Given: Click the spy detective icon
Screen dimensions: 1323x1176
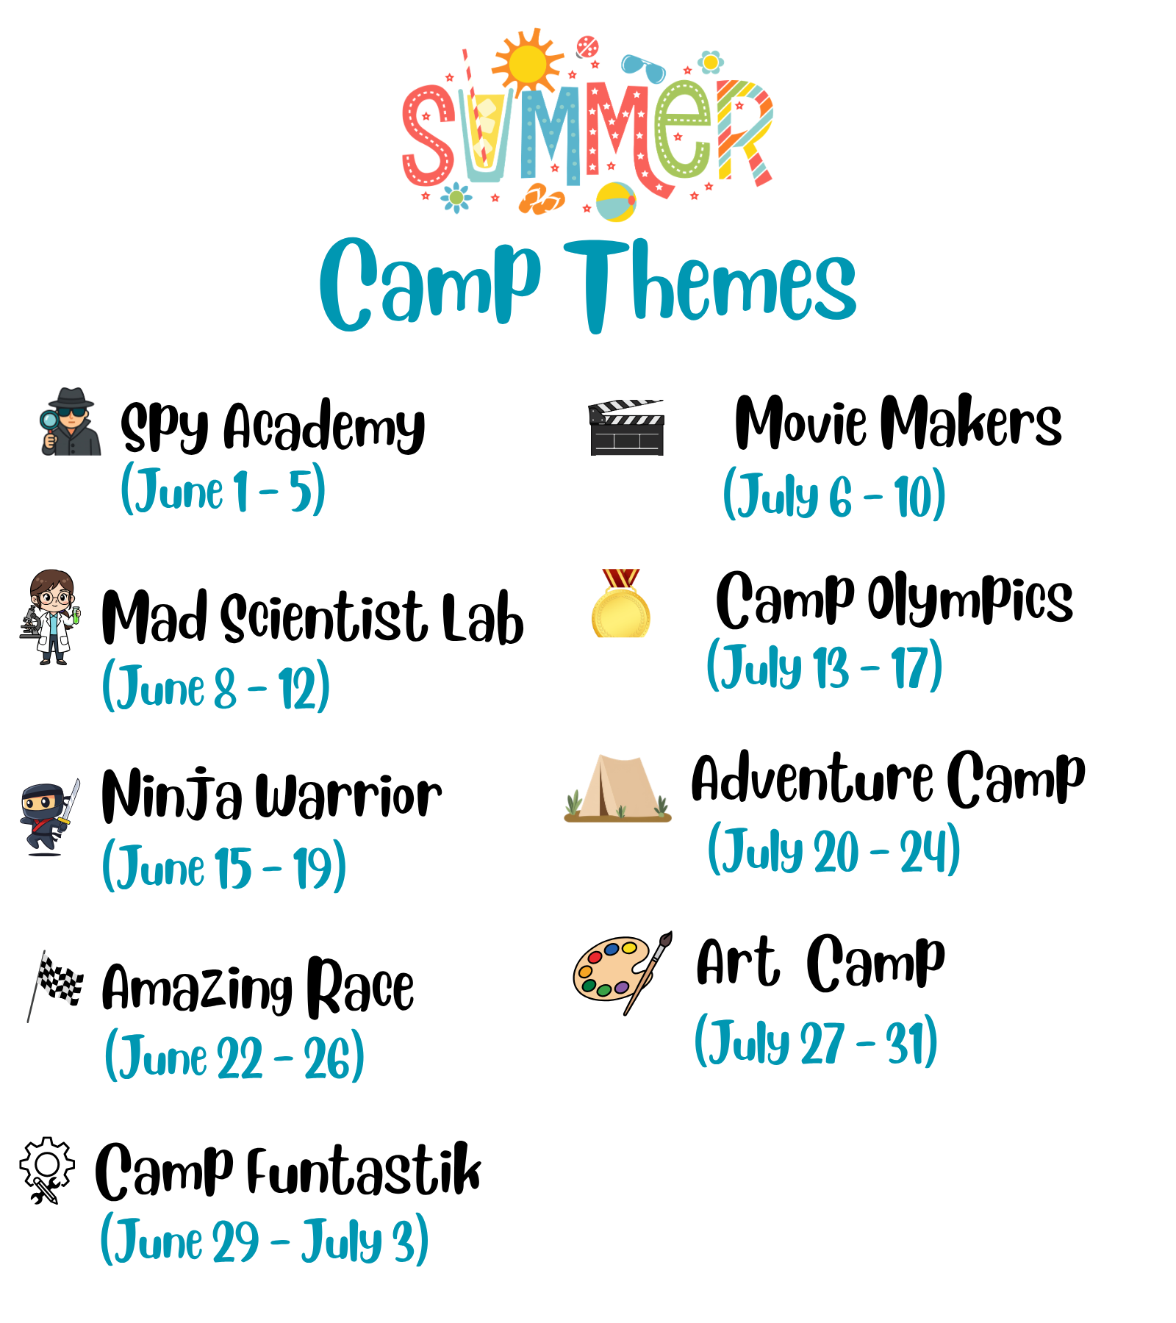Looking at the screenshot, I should pos(70,422).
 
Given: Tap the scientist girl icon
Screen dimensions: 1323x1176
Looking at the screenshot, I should pos(50,617).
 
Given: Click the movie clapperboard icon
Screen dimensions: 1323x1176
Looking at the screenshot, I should pos(626,427).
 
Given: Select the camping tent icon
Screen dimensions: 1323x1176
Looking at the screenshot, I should pos(618,788).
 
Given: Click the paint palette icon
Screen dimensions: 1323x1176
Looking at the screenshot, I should pos(621,970).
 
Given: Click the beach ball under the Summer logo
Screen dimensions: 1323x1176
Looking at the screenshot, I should pos(616,201).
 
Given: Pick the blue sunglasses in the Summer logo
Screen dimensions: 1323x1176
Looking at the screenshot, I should pos(643,68).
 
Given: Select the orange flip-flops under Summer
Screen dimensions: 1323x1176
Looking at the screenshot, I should pos(542,198).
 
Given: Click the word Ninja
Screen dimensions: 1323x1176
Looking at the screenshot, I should pos(171,795).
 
